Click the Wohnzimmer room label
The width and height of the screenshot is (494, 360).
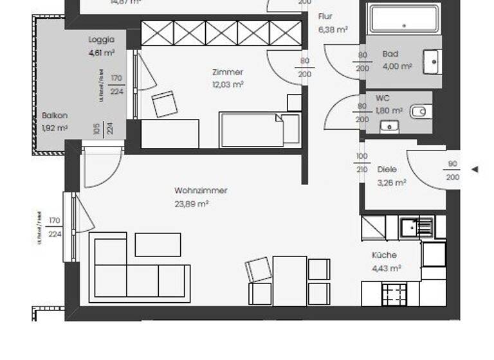coord(201,191)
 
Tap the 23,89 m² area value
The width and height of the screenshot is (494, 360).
coord(191,204)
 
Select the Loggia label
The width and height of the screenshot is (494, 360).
coord(101,40)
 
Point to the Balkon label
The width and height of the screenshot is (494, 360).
coord(55,116)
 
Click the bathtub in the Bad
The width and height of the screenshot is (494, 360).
coord(403,19)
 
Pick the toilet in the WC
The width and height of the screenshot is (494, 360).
coord(419,111)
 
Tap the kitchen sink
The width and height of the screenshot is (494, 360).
coord(416,226)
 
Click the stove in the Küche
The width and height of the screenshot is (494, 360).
coord(394,294)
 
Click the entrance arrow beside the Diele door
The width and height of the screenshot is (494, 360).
coord(475,170)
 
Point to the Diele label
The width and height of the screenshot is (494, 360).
coord(387,170)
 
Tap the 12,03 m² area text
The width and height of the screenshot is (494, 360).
coord(228,84)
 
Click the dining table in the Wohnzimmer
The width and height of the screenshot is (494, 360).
coord(289,280)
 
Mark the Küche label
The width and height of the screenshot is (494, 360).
coord(384,255)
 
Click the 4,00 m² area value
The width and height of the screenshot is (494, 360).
coord(397,66)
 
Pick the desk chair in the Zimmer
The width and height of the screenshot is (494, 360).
coord(164,104)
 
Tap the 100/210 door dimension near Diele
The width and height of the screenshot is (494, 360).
coord(362,163)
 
